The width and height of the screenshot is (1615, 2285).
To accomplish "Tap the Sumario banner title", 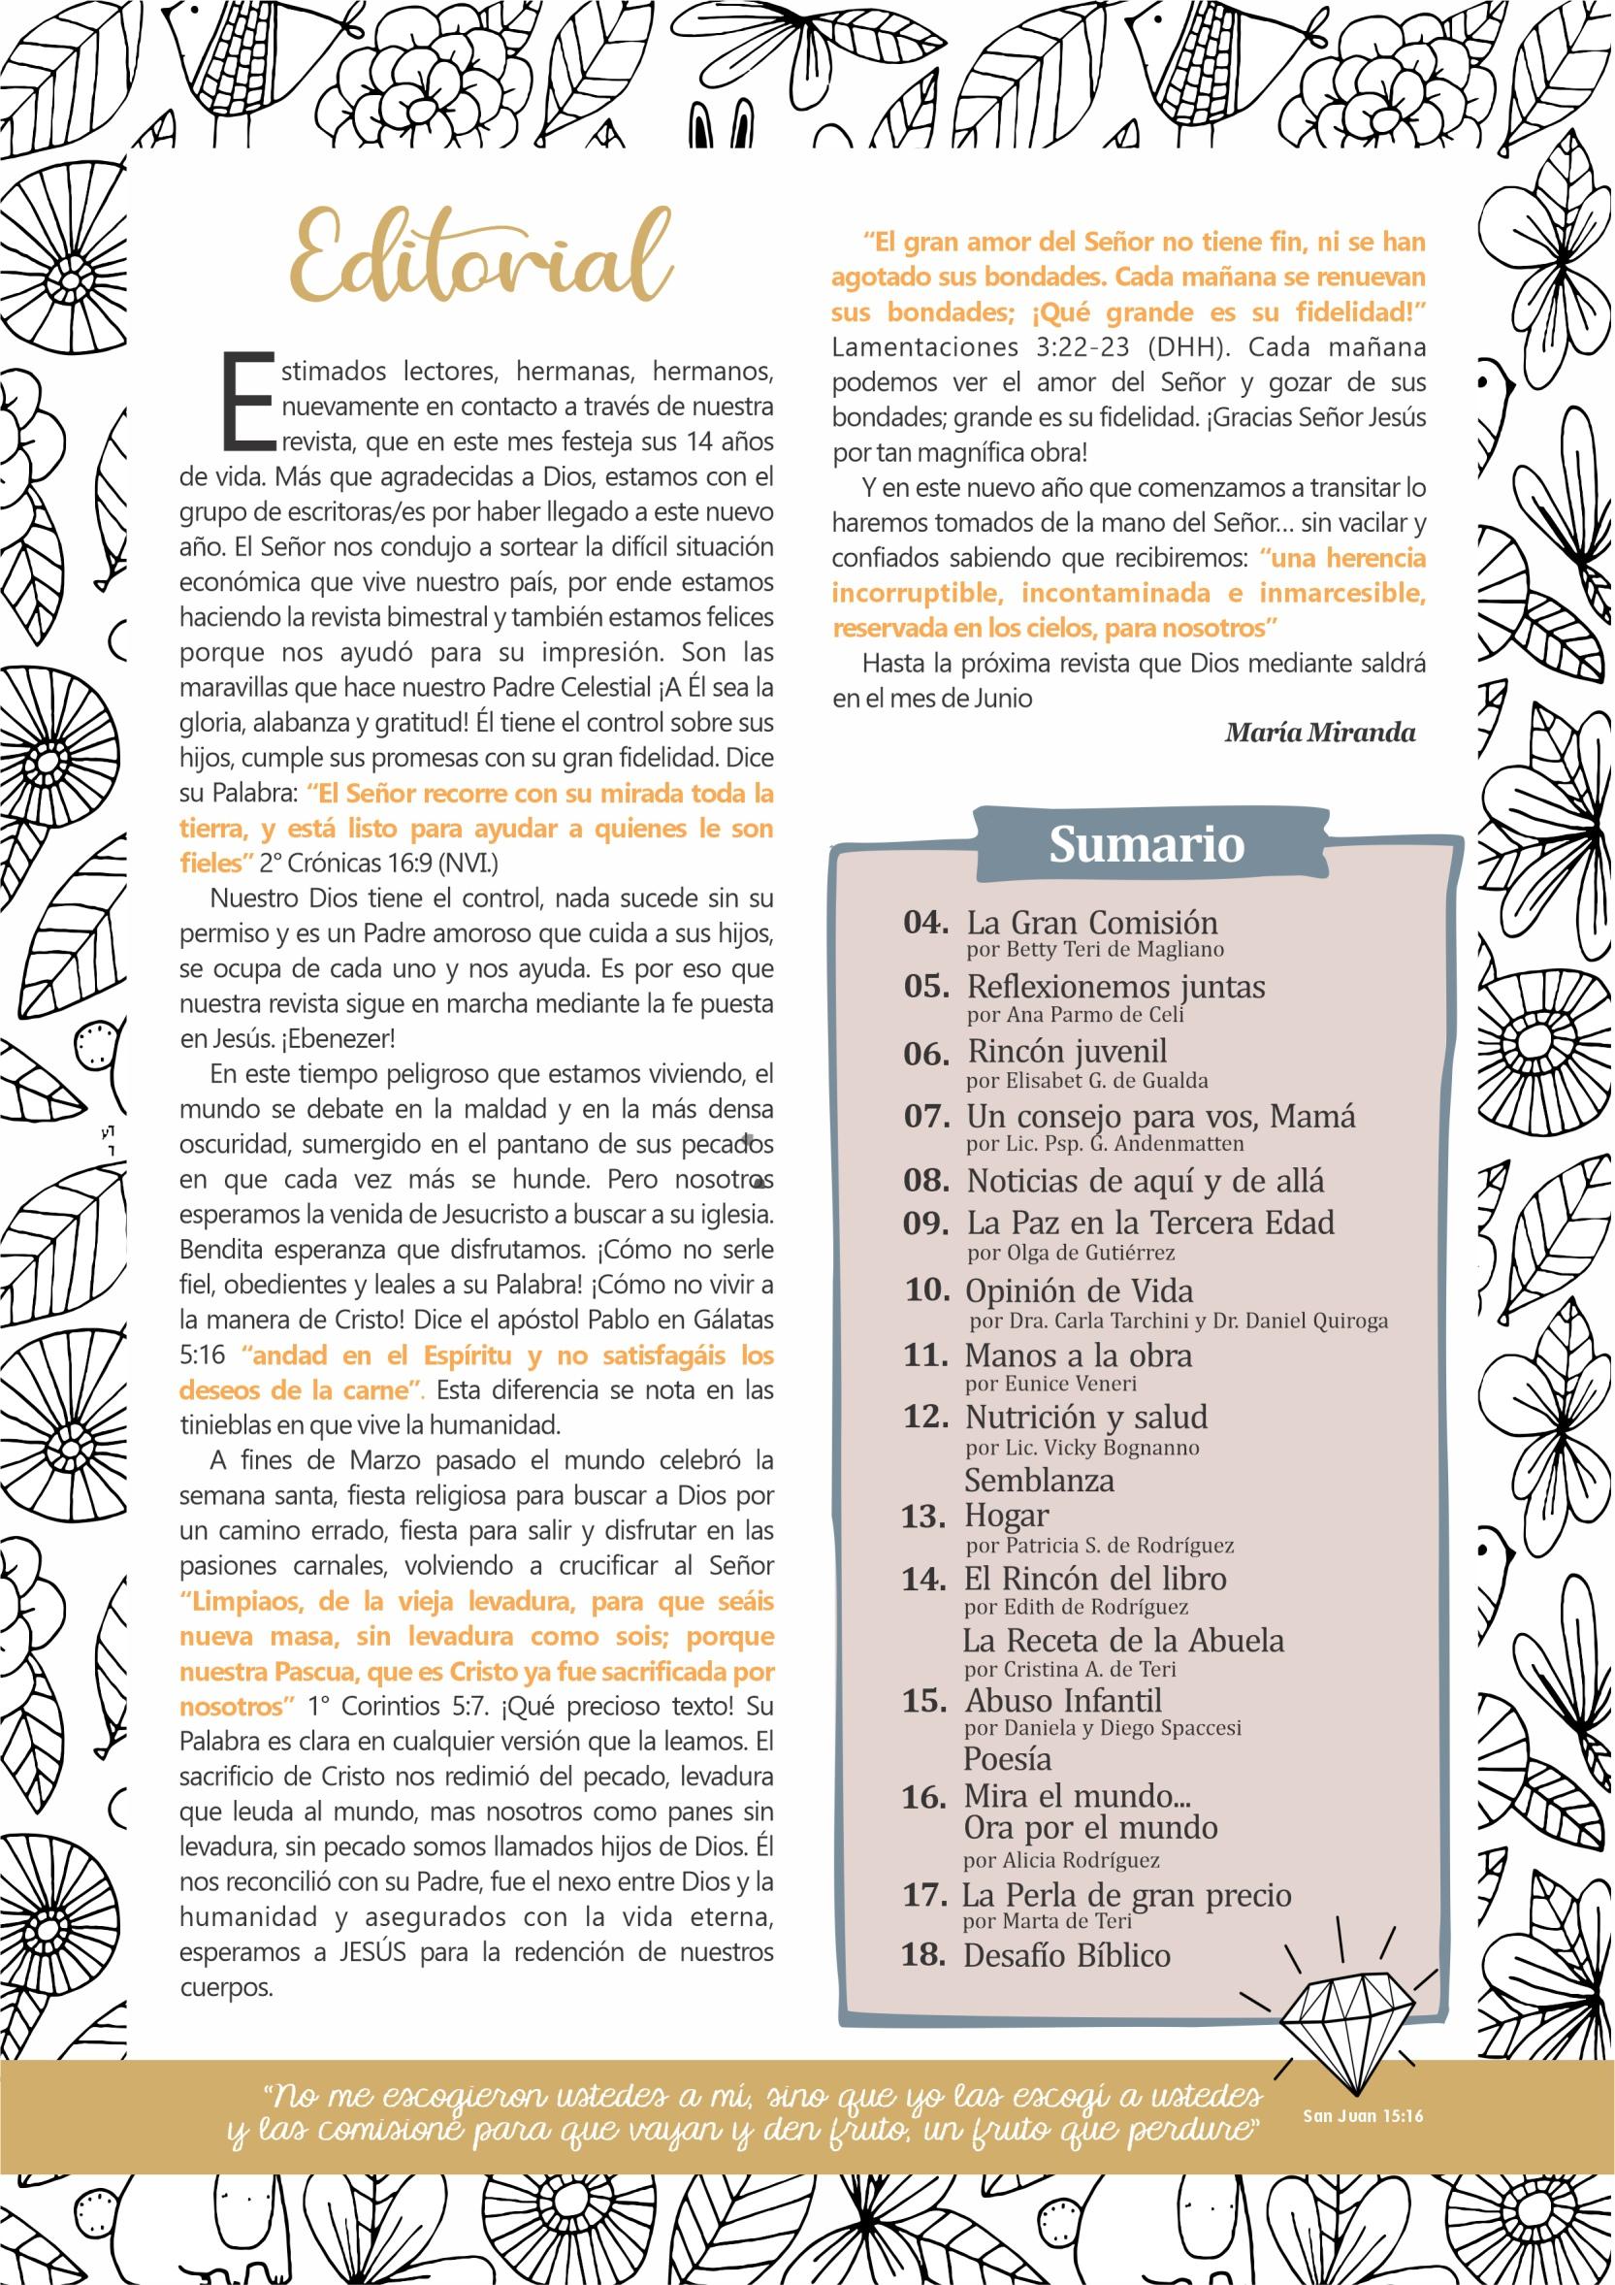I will coord(1147,845).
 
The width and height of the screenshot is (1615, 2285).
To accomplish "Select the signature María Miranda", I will coord(1319,734).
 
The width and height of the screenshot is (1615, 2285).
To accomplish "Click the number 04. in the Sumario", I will coord(925,923).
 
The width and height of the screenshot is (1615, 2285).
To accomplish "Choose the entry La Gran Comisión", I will coord(1091,923).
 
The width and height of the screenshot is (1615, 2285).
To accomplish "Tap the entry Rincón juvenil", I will coord(1067,1052).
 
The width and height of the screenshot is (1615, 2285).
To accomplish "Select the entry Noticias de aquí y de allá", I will coord(1145,1182).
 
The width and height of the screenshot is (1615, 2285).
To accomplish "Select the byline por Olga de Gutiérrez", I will coord(1071,1253).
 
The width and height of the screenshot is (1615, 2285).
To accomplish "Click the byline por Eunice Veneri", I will coord(1050,1384).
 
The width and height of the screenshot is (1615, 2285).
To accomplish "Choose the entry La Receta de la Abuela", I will coord(1123,1640).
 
